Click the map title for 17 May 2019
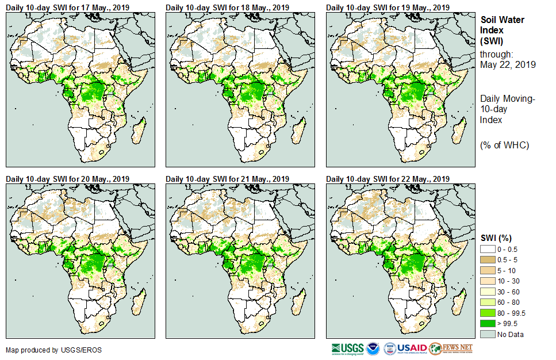pos(68,7)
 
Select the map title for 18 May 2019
pos(228,7)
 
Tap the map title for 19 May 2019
pos(388,7)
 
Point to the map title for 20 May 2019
pos(68,179)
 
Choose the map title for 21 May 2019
pos(228,179)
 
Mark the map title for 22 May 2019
pos(388,179)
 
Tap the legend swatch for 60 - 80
pos(488,302)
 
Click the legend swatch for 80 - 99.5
pos(488,313)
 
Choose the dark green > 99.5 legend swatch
pos(488,324)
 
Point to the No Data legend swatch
pos(488,335)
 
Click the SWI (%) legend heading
pos(496,238)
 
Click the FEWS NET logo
pos(451,348)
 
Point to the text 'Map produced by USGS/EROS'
pos(45,350)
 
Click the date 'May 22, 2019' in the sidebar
pos(508,65)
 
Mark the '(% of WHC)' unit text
pos(504,144)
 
